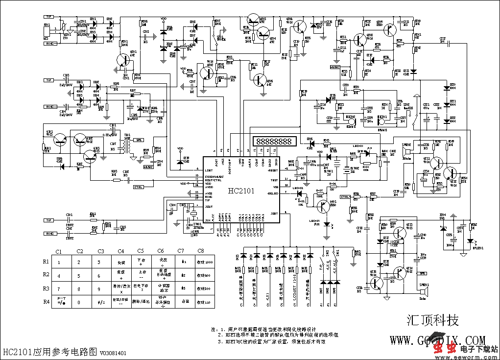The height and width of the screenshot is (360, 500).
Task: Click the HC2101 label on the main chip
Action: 240,190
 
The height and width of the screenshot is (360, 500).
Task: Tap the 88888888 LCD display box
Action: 274,141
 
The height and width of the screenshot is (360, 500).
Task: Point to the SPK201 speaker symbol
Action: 425,292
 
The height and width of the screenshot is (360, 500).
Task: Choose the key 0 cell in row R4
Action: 80,302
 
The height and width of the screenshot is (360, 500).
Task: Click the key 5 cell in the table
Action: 80,276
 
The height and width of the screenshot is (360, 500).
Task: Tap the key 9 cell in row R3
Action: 100,289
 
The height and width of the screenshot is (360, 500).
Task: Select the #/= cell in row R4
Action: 100,302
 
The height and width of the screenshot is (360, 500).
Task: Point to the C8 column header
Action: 200,251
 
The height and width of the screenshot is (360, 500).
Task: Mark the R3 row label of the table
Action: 46,288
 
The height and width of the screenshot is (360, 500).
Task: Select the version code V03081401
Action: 113,353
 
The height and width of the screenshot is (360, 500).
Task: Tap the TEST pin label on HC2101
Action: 274,180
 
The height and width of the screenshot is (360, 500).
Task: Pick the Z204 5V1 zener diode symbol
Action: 443,228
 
